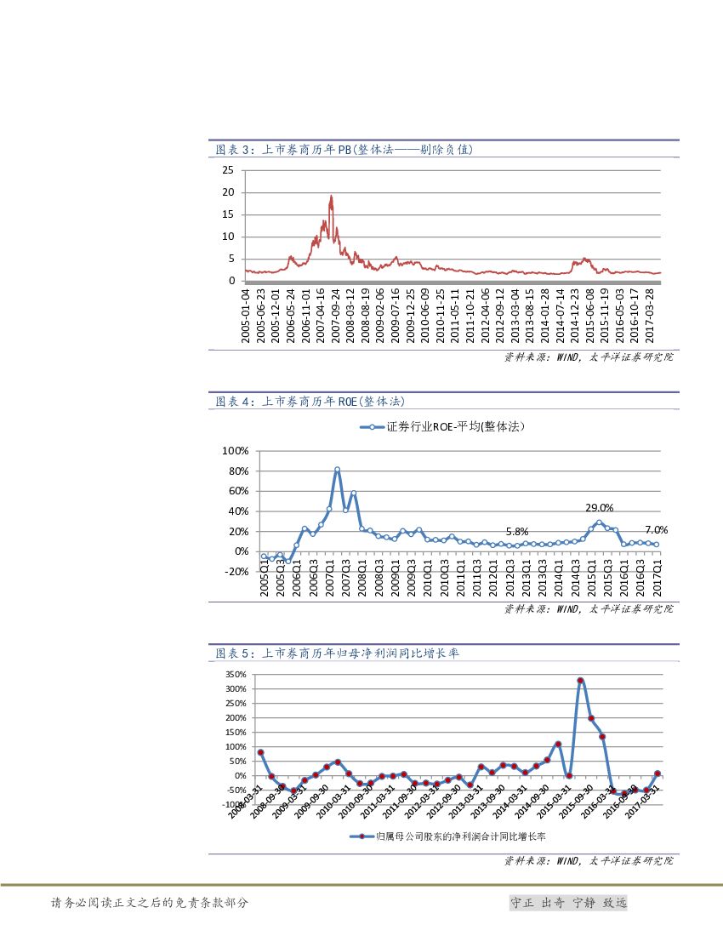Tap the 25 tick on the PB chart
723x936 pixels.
coord(227,170)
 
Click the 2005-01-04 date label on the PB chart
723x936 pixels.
coord(246,316)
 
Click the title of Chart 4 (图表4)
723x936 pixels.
coord(316,401)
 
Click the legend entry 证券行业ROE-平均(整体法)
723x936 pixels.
coord(442,427)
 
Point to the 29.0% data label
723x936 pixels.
coord(599,508)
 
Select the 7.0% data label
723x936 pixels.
coord(656,530)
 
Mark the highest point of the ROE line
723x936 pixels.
coord(337,470)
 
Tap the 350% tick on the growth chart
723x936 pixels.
coord(236,675)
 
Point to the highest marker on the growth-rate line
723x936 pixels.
coord(580,681)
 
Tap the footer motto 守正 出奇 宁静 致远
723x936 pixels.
coord(567,903)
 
